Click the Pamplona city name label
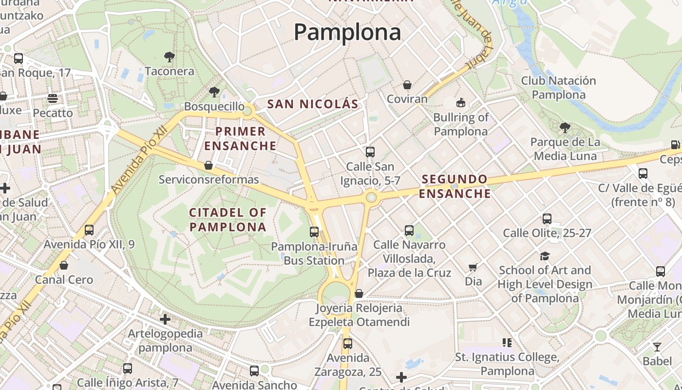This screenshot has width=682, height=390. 347,32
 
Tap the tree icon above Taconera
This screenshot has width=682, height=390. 170,58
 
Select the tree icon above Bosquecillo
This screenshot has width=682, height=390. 214,92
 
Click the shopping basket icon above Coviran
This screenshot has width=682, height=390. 407,85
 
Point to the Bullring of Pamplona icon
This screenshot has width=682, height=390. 460,103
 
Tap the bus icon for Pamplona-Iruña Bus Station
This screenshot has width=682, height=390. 314,232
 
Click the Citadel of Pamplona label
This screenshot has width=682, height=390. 228,220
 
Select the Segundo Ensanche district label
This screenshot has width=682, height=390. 455,186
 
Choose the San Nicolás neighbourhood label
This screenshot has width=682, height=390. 313,104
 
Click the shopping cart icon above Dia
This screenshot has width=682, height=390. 473,267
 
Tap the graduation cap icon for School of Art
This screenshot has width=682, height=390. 545,256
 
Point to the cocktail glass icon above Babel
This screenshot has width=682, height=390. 657,347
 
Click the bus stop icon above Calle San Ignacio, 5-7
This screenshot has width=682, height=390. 370,152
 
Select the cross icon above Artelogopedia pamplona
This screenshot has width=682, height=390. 165,319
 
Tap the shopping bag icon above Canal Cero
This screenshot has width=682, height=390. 64,266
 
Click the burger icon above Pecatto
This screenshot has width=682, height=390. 53,99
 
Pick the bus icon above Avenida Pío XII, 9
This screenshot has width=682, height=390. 89,230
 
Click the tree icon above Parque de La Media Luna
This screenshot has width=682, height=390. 565,128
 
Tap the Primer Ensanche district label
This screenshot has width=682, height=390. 241,138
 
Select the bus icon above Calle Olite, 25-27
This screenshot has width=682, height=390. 547,219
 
